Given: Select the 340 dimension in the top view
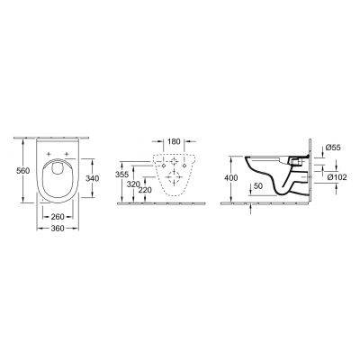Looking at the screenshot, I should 91,177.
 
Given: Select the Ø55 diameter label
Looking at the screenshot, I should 331,147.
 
